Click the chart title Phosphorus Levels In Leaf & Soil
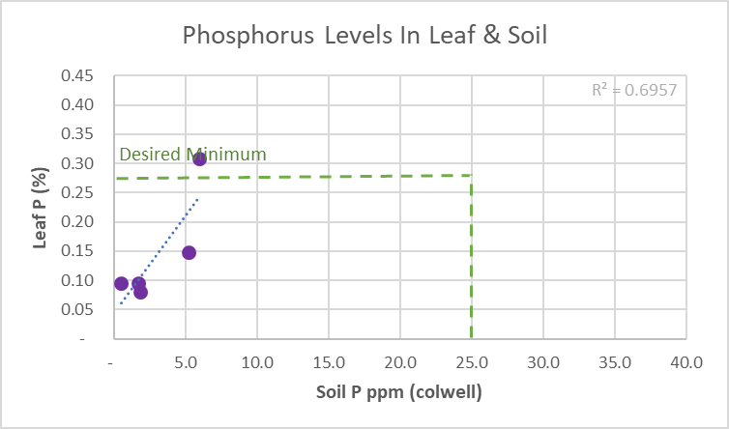click(364, 37)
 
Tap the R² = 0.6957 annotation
click(633, 91)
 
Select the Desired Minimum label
click(192, 155)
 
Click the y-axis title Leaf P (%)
click(41, 208)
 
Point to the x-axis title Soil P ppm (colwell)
click(399, 392)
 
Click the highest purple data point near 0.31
click(199, 158)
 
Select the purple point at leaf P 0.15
click(190, 253)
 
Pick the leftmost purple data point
click(121, 284)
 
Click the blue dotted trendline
click(164, 246)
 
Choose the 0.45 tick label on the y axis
click(77, 76)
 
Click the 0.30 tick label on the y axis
click(77, 164)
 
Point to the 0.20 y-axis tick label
click(77, 222)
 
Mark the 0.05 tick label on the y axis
click(77, 310)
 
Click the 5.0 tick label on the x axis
click(185, 362)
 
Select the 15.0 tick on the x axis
click(329, 362)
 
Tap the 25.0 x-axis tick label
click(472, 362)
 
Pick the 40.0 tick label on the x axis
click(686, 362)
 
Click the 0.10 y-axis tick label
click(77, 281)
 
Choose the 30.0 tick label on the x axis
click(543, 362)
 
